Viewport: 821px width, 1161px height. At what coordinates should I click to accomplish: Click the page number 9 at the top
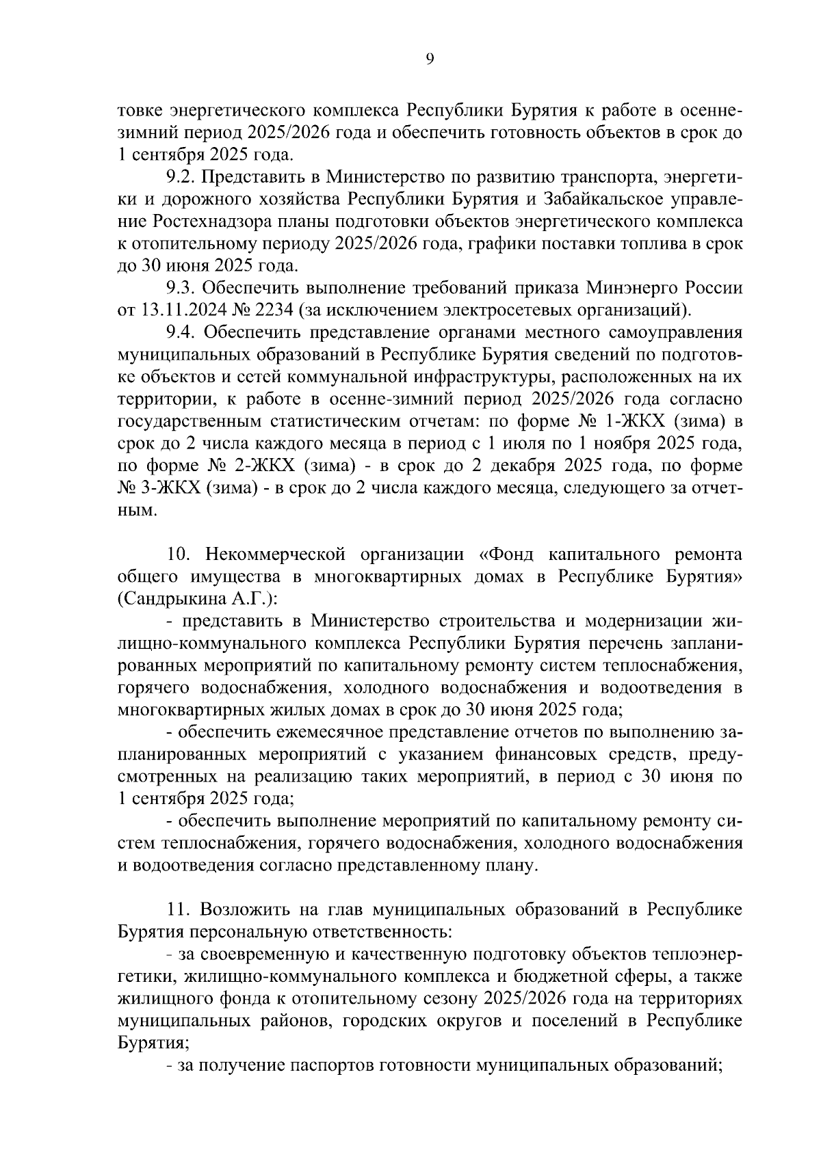[429, 59]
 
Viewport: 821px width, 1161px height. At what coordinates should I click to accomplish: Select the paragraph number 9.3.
[181, 288]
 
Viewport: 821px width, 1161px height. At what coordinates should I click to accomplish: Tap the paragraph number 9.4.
[181, 332]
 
